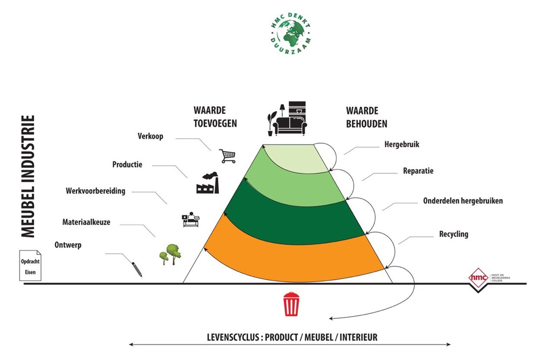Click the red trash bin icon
291,304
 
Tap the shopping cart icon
227,156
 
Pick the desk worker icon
190,219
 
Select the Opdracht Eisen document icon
30,265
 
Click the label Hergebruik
401,145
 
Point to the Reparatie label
418,171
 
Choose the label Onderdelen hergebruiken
463,201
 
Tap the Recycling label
454,234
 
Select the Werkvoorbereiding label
95,191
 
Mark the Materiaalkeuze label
86,222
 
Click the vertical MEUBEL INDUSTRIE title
28,176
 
